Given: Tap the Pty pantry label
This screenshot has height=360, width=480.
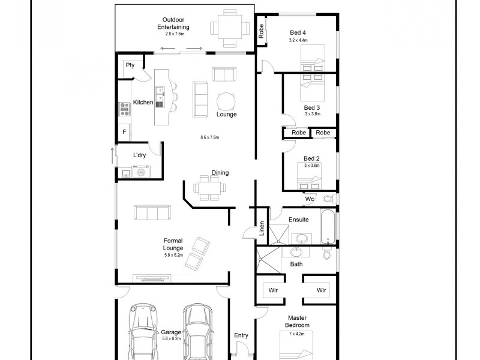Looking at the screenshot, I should pos(130,65).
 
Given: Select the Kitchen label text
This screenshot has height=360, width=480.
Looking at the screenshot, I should pos(143,103).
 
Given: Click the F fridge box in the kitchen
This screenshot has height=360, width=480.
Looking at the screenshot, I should pos(124,131).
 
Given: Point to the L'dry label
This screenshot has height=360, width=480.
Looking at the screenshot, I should pos(139,155).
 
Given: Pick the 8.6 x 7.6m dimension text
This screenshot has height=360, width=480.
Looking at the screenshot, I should pos(210,137).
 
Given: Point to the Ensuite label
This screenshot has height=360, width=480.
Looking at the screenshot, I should pos(298,220).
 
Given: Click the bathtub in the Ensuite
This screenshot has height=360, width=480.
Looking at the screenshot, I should pos(329,227).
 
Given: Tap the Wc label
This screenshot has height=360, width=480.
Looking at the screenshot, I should pos(310,199).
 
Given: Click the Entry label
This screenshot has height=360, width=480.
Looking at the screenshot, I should pos(241,335).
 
